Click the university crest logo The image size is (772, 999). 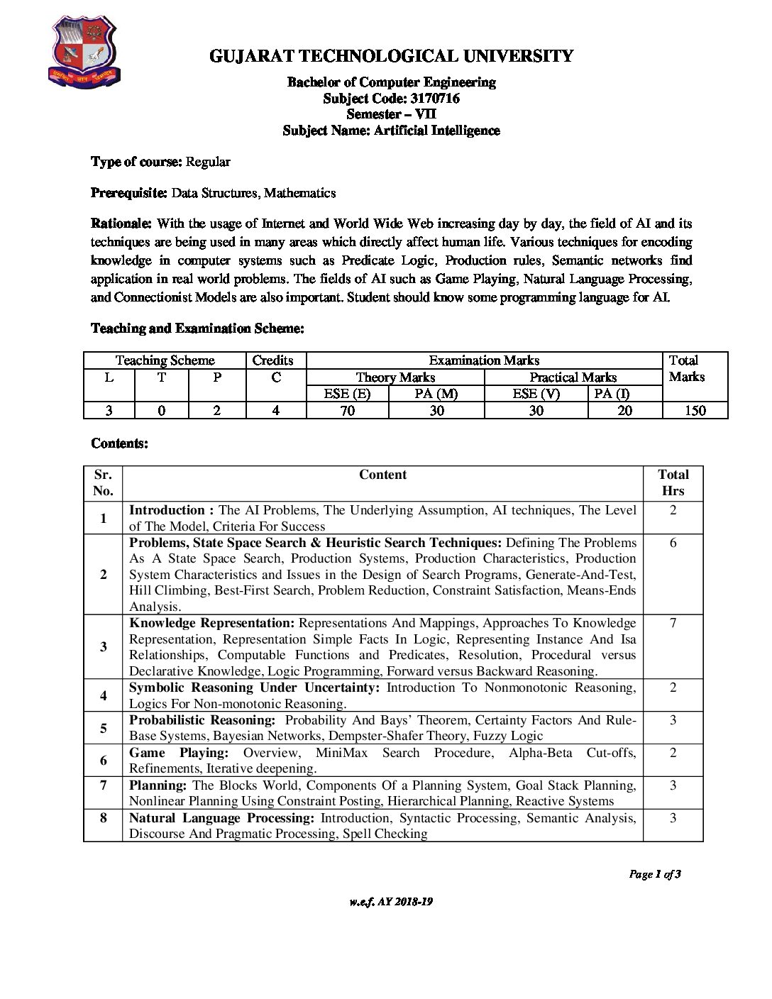click(84, 53)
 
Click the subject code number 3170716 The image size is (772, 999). click(434, 99)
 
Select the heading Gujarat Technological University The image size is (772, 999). click(391, 56)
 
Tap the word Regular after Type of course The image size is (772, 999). click(208, 162)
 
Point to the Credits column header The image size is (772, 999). click(272, 360)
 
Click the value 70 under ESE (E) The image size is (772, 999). click(348, 411)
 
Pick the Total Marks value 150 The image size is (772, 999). click(695, 411)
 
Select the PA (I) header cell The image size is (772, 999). click(612, 394)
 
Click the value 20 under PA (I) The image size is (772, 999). click(624, 411)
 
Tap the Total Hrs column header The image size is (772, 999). click(673, 482)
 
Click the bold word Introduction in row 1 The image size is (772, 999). click(167, 510)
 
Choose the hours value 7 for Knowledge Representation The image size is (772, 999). click(673, 623)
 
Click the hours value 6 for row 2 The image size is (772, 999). click(673, 543)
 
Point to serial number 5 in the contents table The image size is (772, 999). click(104, 728)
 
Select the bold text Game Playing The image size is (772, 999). click(179, 753)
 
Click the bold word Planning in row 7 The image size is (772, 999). click(158, 785)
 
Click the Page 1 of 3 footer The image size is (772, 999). click(655, 874)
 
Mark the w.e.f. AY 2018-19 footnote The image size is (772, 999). click(391, 902)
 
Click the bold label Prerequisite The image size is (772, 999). click(128, 193)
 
